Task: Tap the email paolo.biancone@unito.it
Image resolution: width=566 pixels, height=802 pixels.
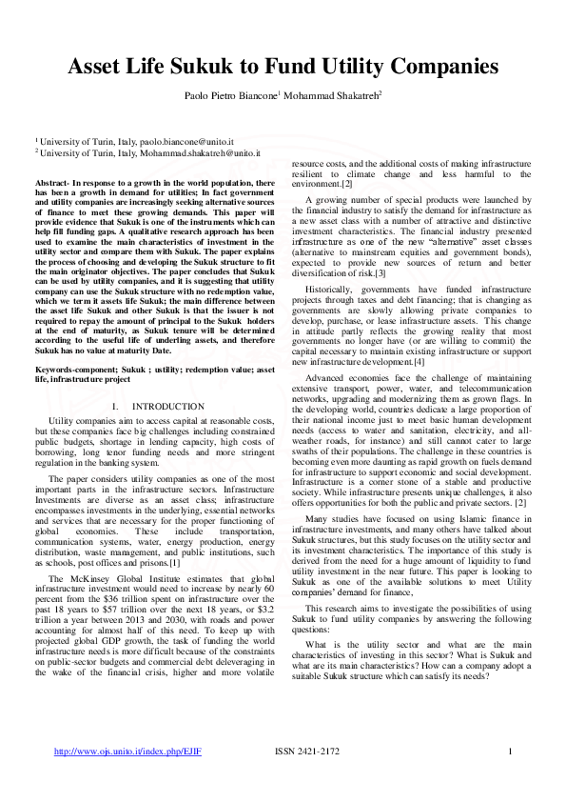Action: (184, 140)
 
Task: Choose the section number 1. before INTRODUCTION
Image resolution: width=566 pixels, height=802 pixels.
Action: (115, 406)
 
